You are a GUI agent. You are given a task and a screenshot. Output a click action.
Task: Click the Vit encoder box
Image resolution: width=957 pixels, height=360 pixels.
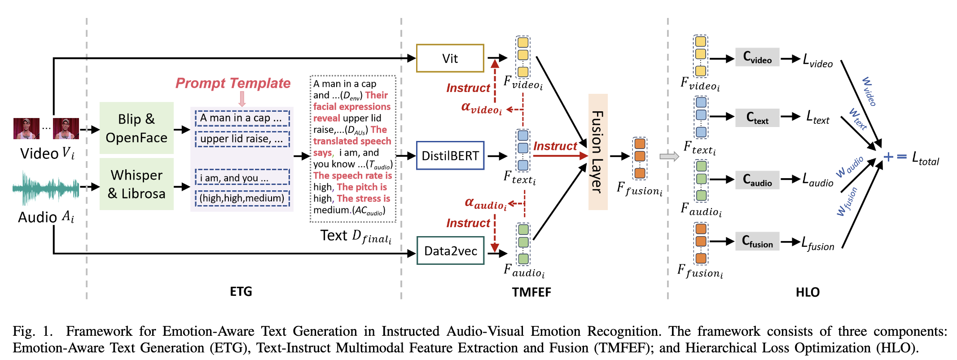450,58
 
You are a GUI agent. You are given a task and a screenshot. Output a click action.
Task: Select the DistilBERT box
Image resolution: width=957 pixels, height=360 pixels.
450,156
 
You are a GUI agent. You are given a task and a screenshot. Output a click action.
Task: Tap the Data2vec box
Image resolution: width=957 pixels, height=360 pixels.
450,250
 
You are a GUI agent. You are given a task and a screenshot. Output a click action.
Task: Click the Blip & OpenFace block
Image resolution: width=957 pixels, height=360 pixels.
136,128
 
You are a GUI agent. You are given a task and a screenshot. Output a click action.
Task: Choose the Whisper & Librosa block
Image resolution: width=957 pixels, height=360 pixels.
136,184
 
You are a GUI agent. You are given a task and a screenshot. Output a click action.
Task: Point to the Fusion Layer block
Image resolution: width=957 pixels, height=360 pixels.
598,152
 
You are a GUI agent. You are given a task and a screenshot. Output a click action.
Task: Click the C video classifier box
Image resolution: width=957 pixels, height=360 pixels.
757,57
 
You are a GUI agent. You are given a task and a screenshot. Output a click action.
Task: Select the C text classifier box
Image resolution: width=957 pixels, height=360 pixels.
757,118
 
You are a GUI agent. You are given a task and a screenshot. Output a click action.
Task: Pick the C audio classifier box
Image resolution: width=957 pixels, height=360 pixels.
757,180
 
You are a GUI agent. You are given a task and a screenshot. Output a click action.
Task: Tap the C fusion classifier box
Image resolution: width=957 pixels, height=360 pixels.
757,241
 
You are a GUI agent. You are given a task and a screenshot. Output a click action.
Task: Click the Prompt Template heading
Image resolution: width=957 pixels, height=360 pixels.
233,83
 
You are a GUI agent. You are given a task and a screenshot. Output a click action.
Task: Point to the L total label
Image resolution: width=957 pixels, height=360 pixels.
925,158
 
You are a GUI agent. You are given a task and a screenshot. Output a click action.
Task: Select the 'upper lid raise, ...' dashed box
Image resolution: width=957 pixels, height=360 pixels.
242,139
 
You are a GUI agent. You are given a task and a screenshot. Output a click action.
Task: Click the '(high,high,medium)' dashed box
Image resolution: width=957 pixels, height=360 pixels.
242,198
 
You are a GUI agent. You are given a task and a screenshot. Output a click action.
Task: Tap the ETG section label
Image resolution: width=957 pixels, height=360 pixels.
241,292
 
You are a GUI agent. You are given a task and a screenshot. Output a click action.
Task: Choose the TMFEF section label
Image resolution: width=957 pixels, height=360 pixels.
531,292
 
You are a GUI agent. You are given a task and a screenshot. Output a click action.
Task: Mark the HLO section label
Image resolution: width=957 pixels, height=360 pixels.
808,292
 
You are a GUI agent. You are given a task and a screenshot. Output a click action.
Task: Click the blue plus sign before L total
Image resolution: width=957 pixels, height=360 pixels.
888,157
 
